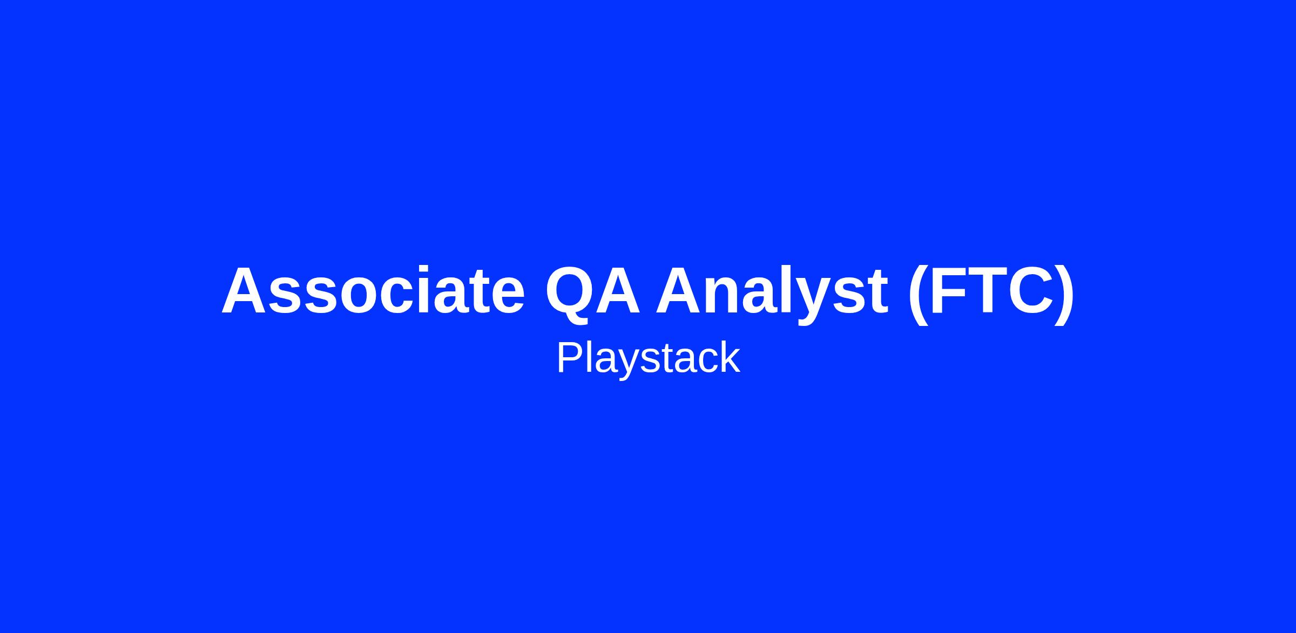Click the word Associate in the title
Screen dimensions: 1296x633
point(373,290)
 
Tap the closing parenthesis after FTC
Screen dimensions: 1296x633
point(1064,295)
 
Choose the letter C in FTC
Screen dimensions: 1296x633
point(1030,290)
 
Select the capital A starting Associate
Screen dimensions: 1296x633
point(246,290)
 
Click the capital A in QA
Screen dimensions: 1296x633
point(618,290)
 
